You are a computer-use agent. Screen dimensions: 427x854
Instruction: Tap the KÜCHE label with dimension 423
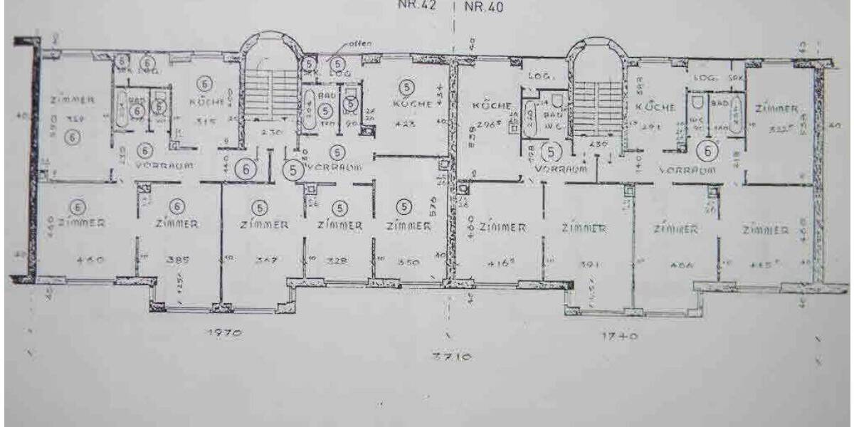411,104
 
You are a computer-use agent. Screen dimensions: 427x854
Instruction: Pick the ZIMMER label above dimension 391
584,228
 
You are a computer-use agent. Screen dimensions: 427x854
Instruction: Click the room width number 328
339,261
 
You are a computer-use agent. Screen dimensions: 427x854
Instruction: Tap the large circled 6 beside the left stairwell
246,169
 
